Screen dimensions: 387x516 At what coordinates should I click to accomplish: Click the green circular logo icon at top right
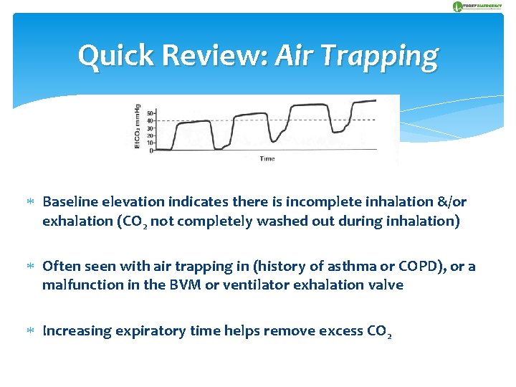click(x=458, y=6)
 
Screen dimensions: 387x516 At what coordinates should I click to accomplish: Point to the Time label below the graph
click(x=267, y=158)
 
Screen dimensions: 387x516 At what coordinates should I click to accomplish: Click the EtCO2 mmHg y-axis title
click(x=137, y=128)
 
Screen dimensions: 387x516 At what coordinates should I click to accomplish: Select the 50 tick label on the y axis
click(x=150, y=113)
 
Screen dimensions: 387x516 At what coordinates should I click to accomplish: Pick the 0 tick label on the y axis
click(x=151, y=150)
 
